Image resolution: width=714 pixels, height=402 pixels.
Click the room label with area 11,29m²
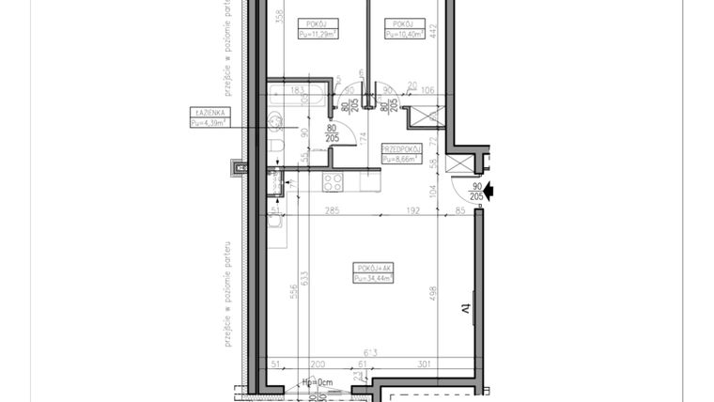click(x=318, y=29)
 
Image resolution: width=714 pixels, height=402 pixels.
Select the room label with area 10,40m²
click(x=404, y=29)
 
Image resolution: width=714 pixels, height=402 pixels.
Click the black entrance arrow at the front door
click(x=489, y=192)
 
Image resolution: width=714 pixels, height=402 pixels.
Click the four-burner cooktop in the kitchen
click(x=334, y=181)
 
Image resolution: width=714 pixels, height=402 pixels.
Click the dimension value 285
click(x=332, y=211)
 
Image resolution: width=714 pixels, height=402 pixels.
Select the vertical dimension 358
click(x=279, y=16)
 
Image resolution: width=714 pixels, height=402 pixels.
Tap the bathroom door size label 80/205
click(x=332, y=132)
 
